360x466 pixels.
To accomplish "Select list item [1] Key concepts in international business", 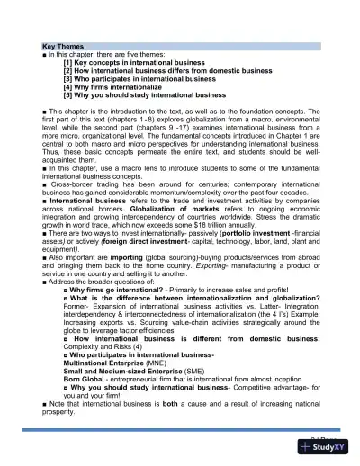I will [139, 62].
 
